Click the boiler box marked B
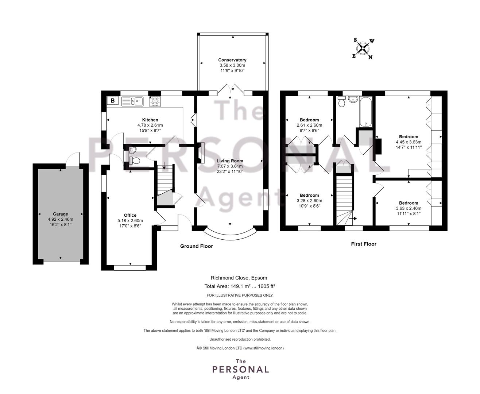click(x=112, y=101)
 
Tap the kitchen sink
click(x=132, y=101)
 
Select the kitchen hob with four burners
click(x=155, y=101)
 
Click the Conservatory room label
click(x=232, y=60)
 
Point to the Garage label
click(x=60, y=214)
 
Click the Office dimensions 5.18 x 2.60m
click(x=130, y=221)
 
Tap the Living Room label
click(x=230, y=161)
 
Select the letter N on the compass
click(x=370, y=57)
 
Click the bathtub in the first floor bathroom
click(x=365, y=112)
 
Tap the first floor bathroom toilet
click(x=342, y=101)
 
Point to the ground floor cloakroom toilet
click(x=134, y=161)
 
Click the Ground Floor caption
click(x=197, y=246)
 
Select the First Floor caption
click(x=364, y=244)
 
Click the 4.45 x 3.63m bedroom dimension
click(x=409, y=142)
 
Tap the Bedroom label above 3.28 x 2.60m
click(x=309, y=195)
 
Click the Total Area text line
click(x=240, y=286)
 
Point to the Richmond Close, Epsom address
click(x=239, y=278)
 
